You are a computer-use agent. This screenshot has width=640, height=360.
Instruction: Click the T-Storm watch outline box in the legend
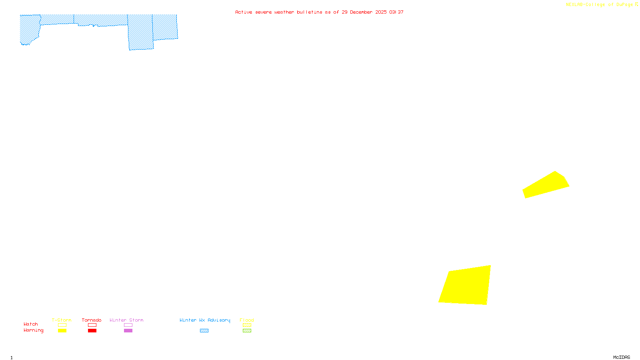(x=62, y=325)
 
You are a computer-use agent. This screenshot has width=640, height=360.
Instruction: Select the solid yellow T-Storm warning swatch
(x=62, y=331)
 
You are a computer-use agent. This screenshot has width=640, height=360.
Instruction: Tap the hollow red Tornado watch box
(x=92, y=325)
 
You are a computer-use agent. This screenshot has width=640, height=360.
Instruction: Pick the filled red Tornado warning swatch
(x=92, y=331)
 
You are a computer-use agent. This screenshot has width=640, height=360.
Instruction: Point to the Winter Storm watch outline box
(x=128, y=325)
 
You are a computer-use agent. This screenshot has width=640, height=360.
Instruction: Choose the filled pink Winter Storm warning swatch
(x=128, y=331)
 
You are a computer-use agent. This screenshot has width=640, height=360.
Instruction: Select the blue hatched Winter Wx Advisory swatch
(x=204, y=331)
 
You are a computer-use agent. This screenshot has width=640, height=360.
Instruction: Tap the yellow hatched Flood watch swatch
(x=247, y=325)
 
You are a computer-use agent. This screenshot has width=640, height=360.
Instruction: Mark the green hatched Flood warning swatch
(x=247, y=331)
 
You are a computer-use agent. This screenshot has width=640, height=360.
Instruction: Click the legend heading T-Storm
(x=62, y=320)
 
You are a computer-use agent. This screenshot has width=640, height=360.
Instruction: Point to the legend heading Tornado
(x=92, y=320)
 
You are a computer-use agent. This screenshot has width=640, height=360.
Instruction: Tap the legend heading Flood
(x=247, y=320)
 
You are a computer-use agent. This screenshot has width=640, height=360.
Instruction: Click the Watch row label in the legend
(x=31, y=324)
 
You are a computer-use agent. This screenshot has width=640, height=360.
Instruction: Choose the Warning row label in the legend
(x=33, y=330)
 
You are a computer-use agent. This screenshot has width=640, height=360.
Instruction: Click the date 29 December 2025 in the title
(x=364, y=12)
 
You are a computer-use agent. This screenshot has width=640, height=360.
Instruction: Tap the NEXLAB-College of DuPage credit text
(x=599, y=5)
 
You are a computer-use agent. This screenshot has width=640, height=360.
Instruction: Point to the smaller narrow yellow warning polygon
(x=546, y=185)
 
